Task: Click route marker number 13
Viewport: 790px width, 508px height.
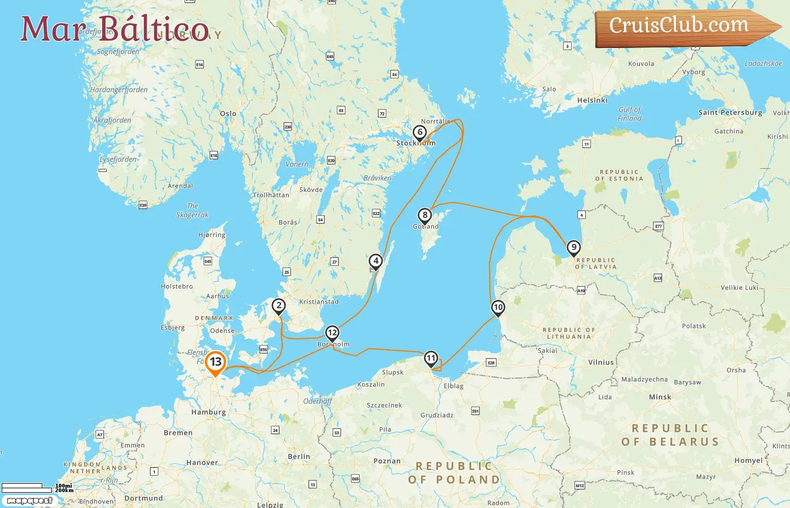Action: (x=216, y=362)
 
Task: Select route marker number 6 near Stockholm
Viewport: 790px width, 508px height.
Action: (x=419, y=133)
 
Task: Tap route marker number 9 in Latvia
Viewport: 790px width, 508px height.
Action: (x=573, y=248)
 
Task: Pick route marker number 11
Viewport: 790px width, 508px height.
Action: (x=431, y=358)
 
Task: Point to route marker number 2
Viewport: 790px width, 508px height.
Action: (x=279, y=306)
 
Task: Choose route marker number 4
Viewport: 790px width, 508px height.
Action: (x=376, y=261)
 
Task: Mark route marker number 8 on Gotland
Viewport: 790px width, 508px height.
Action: (x=425, y=215)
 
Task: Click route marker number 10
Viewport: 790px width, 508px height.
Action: (x=498, y=308)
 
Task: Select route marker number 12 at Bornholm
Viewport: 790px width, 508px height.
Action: (x=332, y=333)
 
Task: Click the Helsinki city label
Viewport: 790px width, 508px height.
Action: (x=592, y=100)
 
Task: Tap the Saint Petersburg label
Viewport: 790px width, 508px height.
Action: (x=730, y=112)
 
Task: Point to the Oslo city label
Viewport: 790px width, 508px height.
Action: (x=228, y=113)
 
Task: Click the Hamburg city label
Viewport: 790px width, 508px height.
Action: (x=208, y=412)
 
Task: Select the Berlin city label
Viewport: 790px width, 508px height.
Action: (x=299, y=456)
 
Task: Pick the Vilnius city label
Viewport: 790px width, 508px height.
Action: (x=600, y=362)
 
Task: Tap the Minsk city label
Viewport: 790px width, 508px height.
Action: (x=660, y=397)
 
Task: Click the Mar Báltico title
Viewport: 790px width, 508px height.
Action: (x=115, y=29)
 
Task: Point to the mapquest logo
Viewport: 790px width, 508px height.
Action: (x=29, y=501)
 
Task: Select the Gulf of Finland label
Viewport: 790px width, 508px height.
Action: (x=629, y=114)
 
